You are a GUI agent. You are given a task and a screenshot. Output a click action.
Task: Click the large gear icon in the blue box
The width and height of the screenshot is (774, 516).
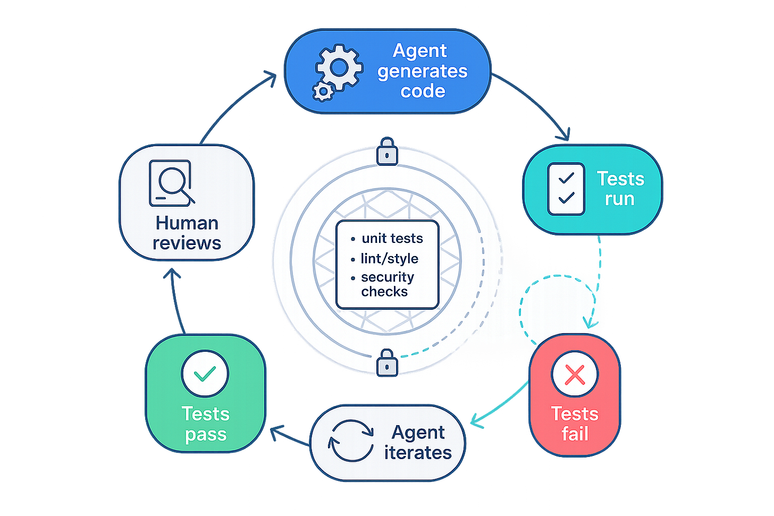click(x=339, y=67)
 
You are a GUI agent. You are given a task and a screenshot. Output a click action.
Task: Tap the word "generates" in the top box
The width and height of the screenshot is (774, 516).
click(x=423, y=71)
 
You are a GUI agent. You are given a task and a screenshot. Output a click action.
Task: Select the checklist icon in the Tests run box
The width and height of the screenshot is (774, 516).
click(x=566, y=189)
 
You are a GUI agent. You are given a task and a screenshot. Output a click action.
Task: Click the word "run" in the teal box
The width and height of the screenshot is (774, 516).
click(x=619, y=199)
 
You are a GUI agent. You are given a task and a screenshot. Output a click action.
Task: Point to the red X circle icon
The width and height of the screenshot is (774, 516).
click(x=575, y=375)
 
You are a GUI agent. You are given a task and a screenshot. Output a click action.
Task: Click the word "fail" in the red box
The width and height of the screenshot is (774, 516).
click(x=575, y=434)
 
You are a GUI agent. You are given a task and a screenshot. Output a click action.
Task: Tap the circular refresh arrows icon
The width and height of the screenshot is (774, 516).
click(x=351, y=441)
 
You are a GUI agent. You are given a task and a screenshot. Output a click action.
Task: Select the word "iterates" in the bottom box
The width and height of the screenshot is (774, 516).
click(x=418, y=452)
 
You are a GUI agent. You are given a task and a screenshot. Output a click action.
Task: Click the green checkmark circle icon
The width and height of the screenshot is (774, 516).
click(x=205, y=374)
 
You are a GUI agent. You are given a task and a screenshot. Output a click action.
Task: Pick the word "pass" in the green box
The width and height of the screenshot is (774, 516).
click(x=206, y=434)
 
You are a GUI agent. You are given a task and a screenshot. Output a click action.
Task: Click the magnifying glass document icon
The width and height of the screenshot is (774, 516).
click(x=172, y=183)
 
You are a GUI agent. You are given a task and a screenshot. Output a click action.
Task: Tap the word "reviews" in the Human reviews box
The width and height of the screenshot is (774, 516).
click(x=187, y=243)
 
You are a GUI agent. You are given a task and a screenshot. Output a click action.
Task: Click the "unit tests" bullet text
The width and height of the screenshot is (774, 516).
click(x=392, y=238)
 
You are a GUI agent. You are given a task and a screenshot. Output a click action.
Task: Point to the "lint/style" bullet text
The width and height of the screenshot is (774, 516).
click(x=389, y=258)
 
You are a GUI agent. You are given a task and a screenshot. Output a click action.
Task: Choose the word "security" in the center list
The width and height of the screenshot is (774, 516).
click(x=387, y=277)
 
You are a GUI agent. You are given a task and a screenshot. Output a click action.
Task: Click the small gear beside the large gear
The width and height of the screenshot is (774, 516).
click(x=323, y=91)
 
